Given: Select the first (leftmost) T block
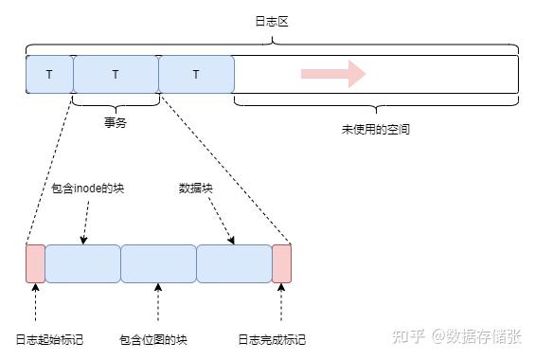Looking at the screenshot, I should (49, 74).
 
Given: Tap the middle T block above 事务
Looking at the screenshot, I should (116, 74).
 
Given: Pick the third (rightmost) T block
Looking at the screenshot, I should (196, 74).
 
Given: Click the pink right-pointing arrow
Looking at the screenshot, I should (332, 74).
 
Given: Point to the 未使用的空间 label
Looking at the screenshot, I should (375, 129).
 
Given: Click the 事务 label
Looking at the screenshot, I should (116, 121).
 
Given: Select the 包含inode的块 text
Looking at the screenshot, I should (88, 188).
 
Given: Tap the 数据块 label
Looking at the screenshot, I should (195, 188).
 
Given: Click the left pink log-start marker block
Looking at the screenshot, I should (35, 263).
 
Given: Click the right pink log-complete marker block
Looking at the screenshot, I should (281, 263).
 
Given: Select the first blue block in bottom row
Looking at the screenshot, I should (82, 263).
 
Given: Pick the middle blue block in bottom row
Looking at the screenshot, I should (158, 263).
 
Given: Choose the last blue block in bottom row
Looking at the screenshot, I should (234, 263).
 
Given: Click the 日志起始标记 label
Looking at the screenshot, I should (40, 339).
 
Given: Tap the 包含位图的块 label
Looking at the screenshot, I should (153, 339).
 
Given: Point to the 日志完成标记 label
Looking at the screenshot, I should (272, 339).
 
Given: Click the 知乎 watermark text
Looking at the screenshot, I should (409, 336).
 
